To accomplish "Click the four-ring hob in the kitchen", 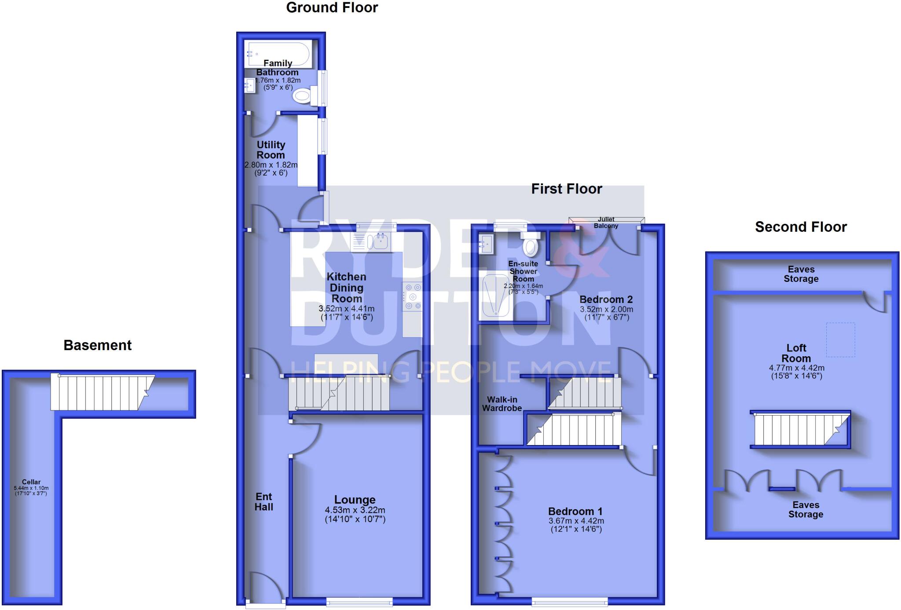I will [412, 296].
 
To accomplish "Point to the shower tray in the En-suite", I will [496, 296].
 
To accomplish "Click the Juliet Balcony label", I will [606, 223].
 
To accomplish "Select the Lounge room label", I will [355, 500].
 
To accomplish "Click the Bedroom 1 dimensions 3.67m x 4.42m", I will [576, 521].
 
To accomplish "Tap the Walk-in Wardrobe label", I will [502, 404].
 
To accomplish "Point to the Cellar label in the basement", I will [31, 482].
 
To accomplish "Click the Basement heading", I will [97, 345].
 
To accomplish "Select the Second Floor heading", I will [801, 227].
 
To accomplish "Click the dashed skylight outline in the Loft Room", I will [840, 340].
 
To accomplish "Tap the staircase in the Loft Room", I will [800, 430].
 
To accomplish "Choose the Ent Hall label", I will [264, 501].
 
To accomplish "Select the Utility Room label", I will [271, 150].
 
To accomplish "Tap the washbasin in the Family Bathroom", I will [250, 85].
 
